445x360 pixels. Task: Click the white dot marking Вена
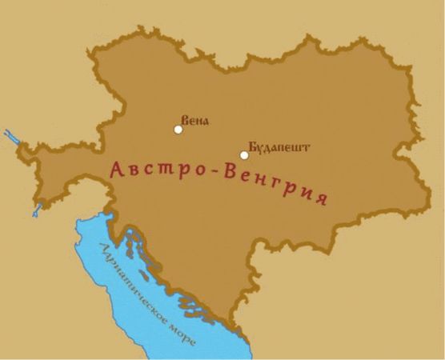[178, 129]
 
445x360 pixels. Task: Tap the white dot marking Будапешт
[244, 155]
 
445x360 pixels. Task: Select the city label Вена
[195, 122]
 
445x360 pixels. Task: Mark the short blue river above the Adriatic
[37, 210]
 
